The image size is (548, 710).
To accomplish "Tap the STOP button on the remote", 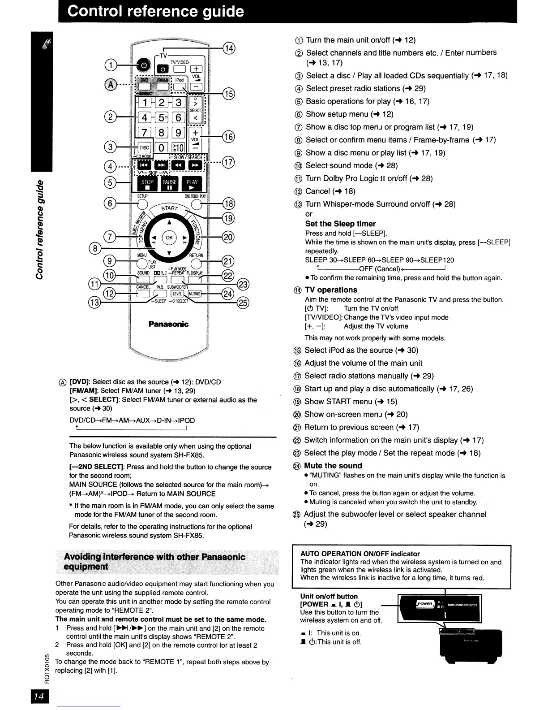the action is (147, 185).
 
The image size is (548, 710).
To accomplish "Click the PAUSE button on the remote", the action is (170, 185).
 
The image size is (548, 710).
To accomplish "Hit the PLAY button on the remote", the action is (192, 185).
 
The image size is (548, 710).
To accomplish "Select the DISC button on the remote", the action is (145, 147).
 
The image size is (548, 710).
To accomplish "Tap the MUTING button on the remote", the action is (195, 294).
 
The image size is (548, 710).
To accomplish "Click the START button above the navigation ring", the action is (170, 209).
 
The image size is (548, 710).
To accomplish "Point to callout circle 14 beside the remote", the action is (229, 48).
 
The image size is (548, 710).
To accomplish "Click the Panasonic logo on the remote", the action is (168, 324).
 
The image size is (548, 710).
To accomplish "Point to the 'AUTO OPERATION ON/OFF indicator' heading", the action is (360, 554).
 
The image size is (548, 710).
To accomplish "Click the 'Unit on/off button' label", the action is (329, 596).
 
